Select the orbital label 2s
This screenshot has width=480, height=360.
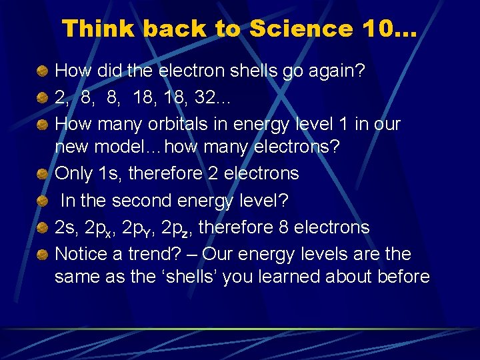[65, 228]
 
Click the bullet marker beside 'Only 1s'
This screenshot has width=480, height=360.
[43, 174]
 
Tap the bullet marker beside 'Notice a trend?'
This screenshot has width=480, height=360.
[43, 255]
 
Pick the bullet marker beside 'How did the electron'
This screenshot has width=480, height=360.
[43, 71]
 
